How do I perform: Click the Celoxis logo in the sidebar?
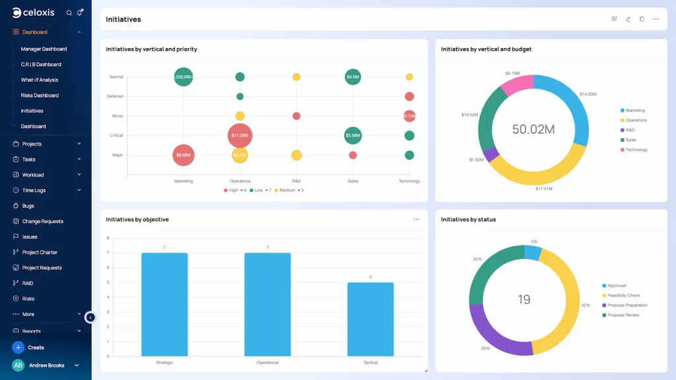click(33, 13)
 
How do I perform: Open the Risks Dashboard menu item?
click(40, 95)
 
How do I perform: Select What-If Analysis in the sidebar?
click(40, 80)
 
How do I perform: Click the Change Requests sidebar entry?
click(42, 221)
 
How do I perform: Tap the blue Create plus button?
click(18, 347)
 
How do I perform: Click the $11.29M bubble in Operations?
click(240, 135)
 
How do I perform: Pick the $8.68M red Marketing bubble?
click(184, 155)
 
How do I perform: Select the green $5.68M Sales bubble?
click(353, 135)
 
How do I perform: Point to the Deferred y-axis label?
click(115, 96)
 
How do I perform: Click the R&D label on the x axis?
click(296, 181)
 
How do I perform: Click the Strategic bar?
click(164, 303)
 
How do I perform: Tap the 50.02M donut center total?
click(533, 129)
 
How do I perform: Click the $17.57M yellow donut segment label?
click(544, 189)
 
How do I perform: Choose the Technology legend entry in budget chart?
click(636, 150)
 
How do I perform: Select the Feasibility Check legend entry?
click(623, 296)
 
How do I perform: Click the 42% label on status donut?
click(586, 305)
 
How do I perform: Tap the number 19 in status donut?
click(524, 300)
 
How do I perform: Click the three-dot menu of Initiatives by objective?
click(416, 219)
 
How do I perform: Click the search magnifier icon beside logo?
click(69, 13)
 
